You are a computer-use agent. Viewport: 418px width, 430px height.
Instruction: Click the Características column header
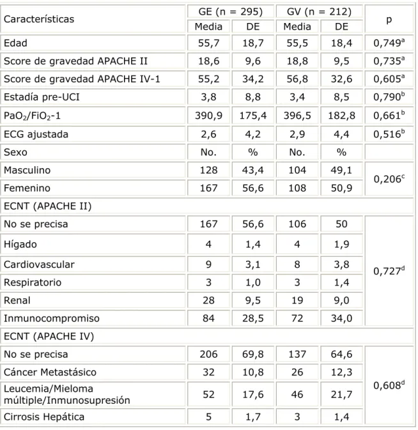[39, 19]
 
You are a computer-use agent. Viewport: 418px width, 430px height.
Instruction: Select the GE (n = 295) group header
[231, 12]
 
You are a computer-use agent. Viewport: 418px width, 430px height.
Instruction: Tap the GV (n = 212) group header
[320, 12]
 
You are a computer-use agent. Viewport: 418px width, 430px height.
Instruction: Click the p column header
[389, 20]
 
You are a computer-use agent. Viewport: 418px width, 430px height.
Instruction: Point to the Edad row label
[15, 43]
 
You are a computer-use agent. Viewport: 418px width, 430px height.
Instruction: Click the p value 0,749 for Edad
[389, 43]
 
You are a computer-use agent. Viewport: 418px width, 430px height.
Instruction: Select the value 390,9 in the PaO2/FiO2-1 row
[209, 116]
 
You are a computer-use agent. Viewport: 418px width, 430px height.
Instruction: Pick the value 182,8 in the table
[341, 116]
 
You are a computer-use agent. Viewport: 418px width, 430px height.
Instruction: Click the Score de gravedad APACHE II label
[75, 61]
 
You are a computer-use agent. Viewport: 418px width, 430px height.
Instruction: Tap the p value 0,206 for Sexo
[389, 179]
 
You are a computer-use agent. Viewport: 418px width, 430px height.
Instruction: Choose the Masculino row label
[27, 171]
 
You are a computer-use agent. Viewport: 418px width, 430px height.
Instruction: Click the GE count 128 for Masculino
[209, 171]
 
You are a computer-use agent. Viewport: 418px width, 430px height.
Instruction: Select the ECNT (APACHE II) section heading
[47, 206]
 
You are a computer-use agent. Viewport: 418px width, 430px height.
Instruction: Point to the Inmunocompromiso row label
[52, 318]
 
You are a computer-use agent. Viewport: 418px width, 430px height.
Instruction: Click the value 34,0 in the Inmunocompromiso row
[341, 318]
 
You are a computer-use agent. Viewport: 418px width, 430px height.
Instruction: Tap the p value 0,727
[389, 271]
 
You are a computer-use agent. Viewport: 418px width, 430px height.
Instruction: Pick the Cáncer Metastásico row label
[50, 372]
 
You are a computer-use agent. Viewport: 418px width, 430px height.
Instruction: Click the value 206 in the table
[209, 355]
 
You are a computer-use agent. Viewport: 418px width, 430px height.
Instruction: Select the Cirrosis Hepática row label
[44, 417]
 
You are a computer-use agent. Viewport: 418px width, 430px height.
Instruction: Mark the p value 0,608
[389, 385]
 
